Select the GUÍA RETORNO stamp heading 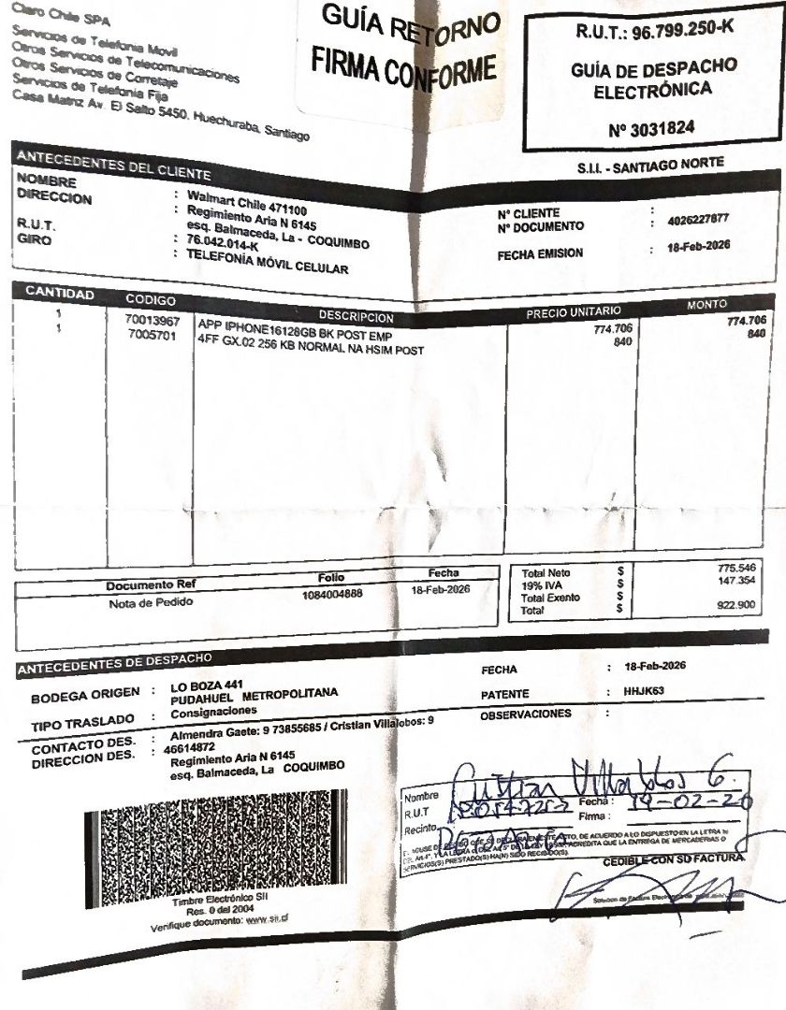tap(410, 26)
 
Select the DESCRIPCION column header tap(356, 317)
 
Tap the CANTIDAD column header tap(59, 293)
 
